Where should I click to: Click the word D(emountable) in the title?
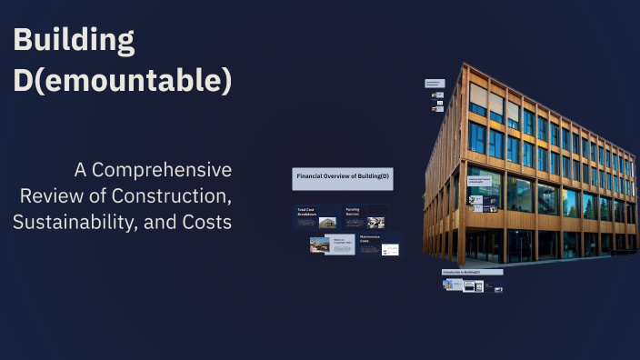pyautogui.click(x=123, y=81)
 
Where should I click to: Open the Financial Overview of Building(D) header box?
pyautogui.click(x=343, y=178)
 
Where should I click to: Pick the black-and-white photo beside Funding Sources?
pyautogui.click(x=376, y=222)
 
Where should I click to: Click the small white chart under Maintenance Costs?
pyautogui.click(x=389, y=248)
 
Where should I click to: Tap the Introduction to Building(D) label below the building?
pyautogui.click(x=460, y=272)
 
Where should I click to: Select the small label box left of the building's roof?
pyautogui.click(x=434, y=84)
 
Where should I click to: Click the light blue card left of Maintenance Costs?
pyautogui.click(x=339, y=244)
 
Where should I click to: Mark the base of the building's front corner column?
pyautogui.click(x=462, y=265)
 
